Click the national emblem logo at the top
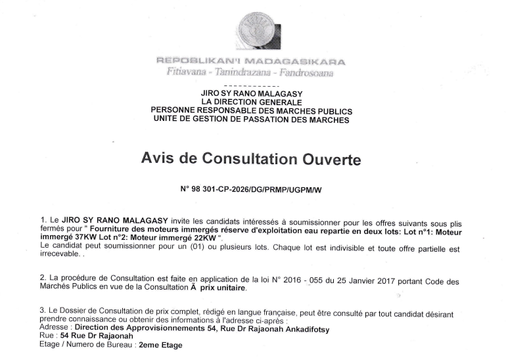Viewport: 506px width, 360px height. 258,29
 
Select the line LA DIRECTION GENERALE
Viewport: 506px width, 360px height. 251,102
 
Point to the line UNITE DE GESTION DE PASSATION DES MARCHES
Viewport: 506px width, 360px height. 251,120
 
